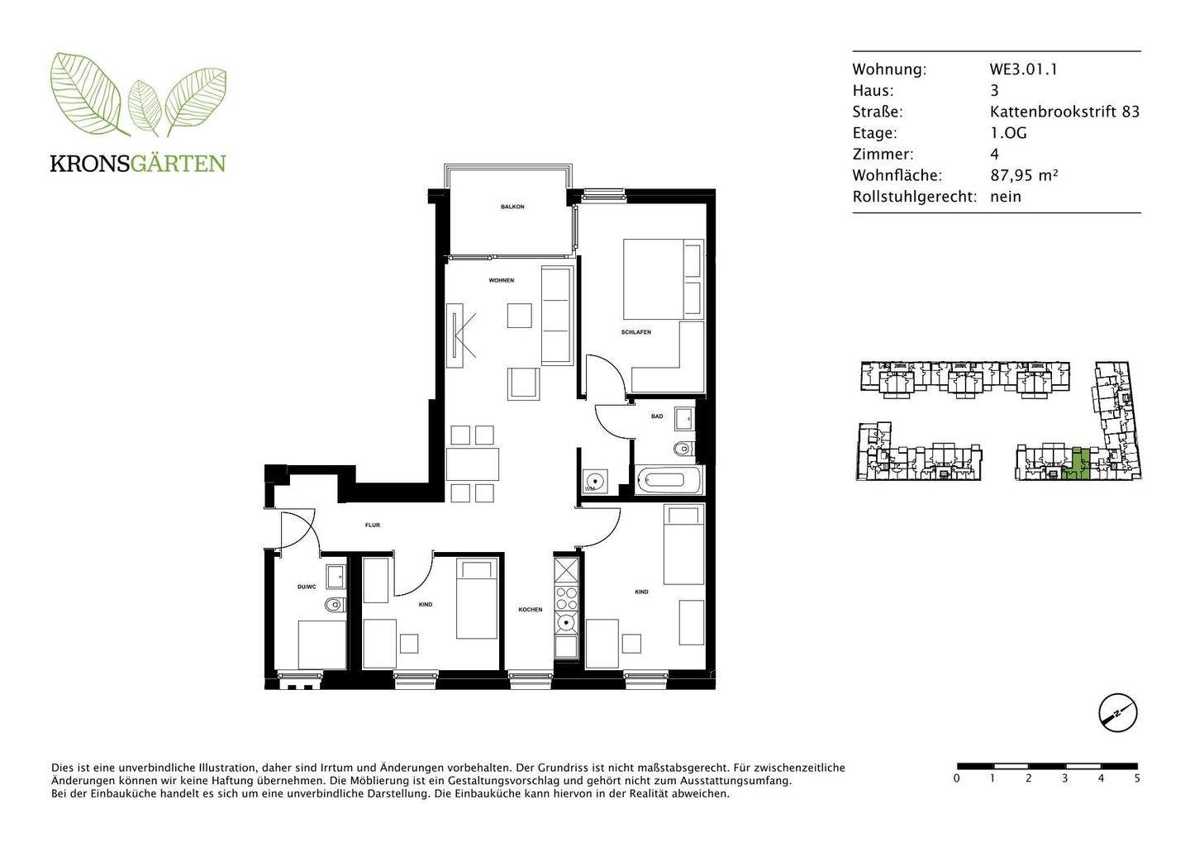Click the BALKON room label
pos(512,207)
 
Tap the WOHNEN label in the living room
pos(501,280)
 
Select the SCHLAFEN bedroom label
pos(636,332)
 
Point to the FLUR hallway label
pos(373,525)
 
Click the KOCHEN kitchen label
pos(530,610)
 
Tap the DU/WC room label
pos(307,587)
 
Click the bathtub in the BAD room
pos(669,479)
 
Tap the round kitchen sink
pos(566,623)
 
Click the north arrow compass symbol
pos(1117,712)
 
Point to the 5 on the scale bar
pos(1137,778)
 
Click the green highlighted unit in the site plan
pos(1076,465)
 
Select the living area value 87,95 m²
pos(1024,175)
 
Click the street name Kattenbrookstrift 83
pos(1064,112)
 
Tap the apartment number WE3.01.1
pos(1023,69)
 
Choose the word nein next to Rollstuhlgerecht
pos(1006,197)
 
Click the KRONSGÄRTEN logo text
pos(138,163)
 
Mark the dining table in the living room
pos(473,464)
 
